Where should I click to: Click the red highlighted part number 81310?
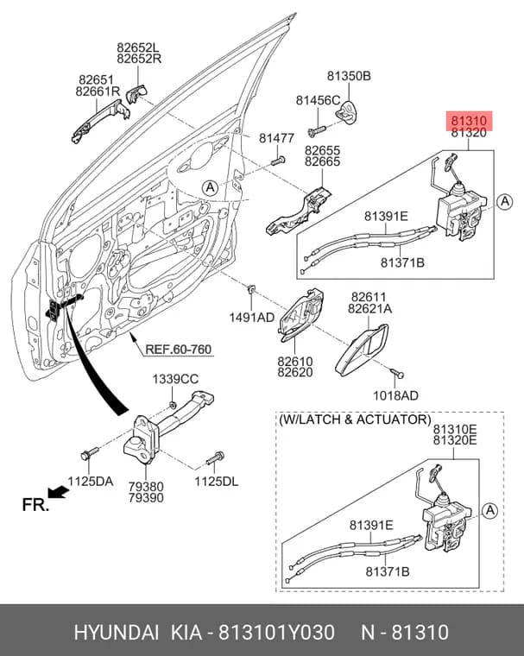[x=469, y=121]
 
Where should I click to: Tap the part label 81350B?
[x=349, y=76]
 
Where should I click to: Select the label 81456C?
[x=318, y=100]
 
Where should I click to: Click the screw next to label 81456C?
[x=317, y=130]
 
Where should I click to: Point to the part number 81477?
[x=276, y=138]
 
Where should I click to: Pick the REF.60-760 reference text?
[x=179, y=349]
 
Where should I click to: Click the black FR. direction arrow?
[x=58, y=492]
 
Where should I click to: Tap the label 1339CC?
[x=175, y=380]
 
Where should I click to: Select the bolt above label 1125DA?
[x=89, y=453]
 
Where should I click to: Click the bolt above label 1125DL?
[x=216, y=458]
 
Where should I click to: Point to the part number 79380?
[x=146, y=487]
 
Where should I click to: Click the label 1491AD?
[x=251, y=318]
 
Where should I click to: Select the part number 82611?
[x=369, y=298]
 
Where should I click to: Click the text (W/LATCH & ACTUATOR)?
[x=355, y=419]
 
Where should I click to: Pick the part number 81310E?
[x=455, y=429]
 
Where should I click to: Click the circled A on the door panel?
[x=210, y=187]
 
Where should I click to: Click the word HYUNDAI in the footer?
[x=117, y=632]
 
